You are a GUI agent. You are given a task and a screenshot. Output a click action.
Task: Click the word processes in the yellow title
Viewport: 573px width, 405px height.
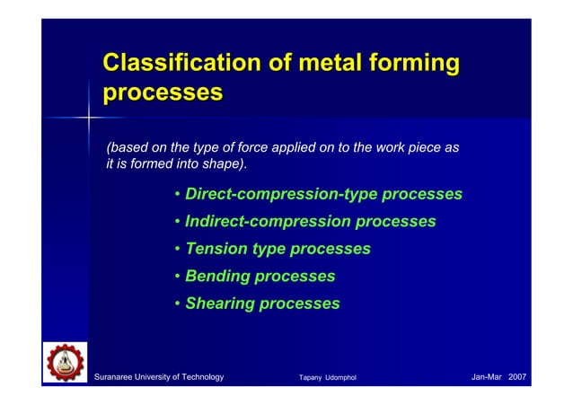tap(163, 92)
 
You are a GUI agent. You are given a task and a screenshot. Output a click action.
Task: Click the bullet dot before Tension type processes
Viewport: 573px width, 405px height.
tap(179, 249)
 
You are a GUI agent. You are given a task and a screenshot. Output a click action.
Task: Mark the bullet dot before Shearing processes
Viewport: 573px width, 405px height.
tap(179, 304)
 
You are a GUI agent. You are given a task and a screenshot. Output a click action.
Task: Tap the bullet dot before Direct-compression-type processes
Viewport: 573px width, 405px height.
tap(179, 194)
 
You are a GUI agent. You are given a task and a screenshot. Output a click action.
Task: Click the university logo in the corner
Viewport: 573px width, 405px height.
tap(64, 365)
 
